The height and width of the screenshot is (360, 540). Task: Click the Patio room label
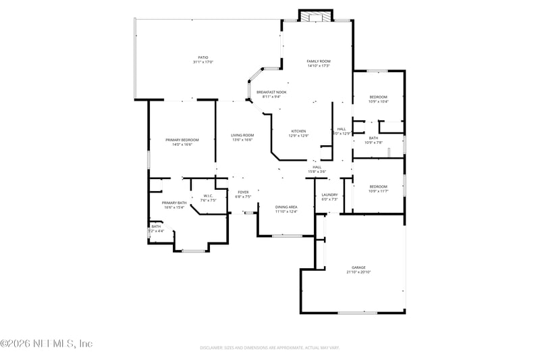pyautogui.click(x=202, y=57)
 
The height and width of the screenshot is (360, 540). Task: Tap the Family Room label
pyautogui.click(x=318, y=61)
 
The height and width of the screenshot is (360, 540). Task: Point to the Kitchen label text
pyautogui.click(x=298, y=131)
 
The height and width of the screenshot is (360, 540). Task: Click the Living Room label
pyautogui.click(x=242, y=135)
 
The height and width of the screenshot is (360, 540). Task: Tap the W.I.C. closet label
pyautogui.click(x=208, y=196)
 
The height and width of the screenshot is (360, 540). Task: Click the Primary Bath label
pyautogui.click(x=173, y=203)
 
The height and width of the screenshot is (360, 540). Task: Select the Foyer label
pyautogui.click(x=243, y=192)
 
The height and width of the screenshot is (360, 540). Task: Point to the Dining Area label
pyautogui.click(x=286, y=207)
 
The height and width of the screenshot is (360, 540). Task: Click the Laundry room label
pyautogui.click(x=329, y=195)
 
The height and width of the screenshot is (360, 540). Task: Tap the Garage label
pyautogui.click(x=358, y=267)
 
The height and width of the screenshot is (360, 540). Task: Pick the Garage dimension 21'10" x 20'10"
pyautogui.click(x=358, y=272)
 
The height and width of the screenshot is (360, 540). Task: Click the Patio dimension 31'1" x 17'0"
pyautogui.click(x=202, y=62)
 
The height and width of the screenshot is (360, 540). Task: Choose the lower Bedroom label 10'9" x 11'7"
pyautogui.click(x=378, y=188)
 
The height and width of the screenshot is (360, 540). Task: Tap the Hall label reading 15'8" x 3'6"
pyautogui.click(x=317, y=169)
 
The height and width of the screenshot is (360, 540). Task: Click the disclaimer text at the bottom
pyautogui.click(x=269, y=347)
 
